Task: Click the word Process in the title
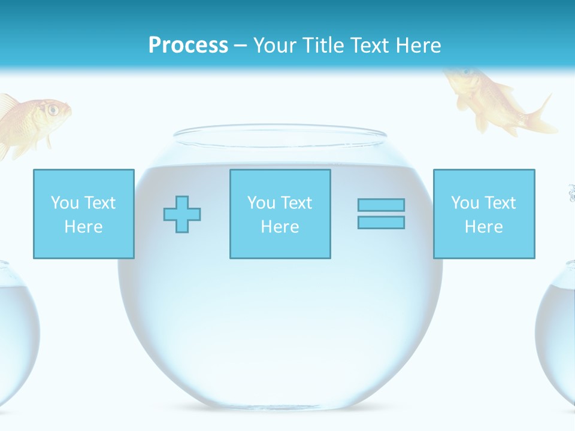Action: [x=188, y=45]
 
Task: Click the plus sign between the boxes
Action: [x=182, y=214]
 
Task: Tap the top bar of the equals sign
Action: [x=381, y=205]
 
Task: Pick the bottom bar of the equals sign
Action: [x=381, y=222]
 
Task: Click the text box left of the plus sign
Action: [x=84, y=214]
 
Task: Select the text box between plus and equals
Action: [x=280, y=214]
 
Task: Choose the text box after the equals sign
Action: [x=484, y=214]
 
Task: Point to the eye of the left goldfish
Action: [x=53, y=110]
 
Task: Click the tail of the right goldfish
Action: [x=542, y=117]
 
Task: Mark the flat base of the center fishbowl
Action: [x=280, y=407]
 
